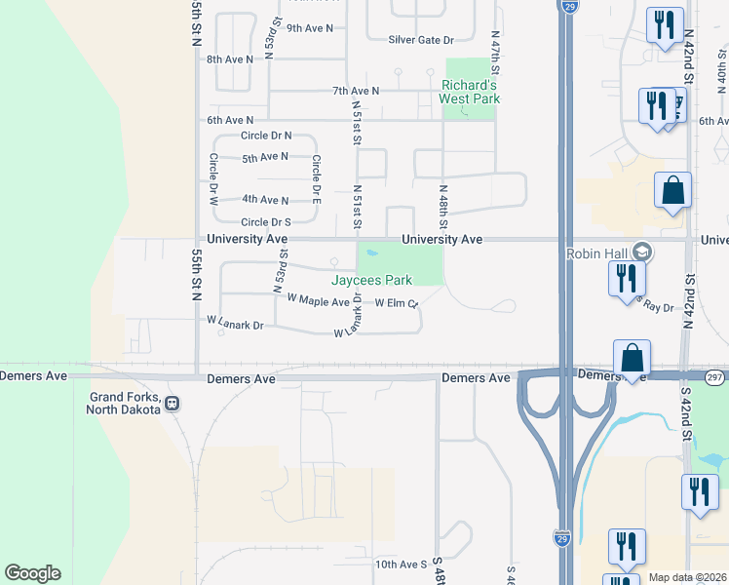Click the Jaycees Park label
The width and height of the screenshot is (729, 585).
coord(371,280)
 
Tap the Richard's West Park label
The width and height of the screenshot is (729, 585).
coord(469,91)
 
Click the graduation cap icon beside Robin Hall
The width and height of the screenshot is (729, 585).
coord(641,253)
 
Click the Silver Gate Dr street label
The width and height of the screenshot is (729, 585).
coord(421,40)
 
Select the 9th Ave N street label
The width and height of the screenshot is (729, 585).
coord(310,28)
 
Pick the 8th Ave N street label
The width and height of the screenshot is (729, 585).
coord(230,59)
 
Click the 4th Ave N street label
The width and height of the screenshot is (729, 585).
coord(265,200)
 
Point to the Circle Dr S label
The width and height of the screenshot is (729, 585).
coord(267,222)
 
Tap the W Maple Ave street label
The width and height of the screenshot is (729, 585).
coord(312,302)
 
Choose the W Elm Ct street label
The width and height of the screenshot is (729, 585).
coord(396,303)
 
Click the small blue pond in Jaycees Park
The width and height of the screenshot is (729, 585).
coord(371,256)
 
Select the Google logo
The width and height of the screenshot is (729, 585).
coord(32,573)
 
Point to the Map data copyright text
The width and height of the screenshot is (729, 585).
coord(687,577)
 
